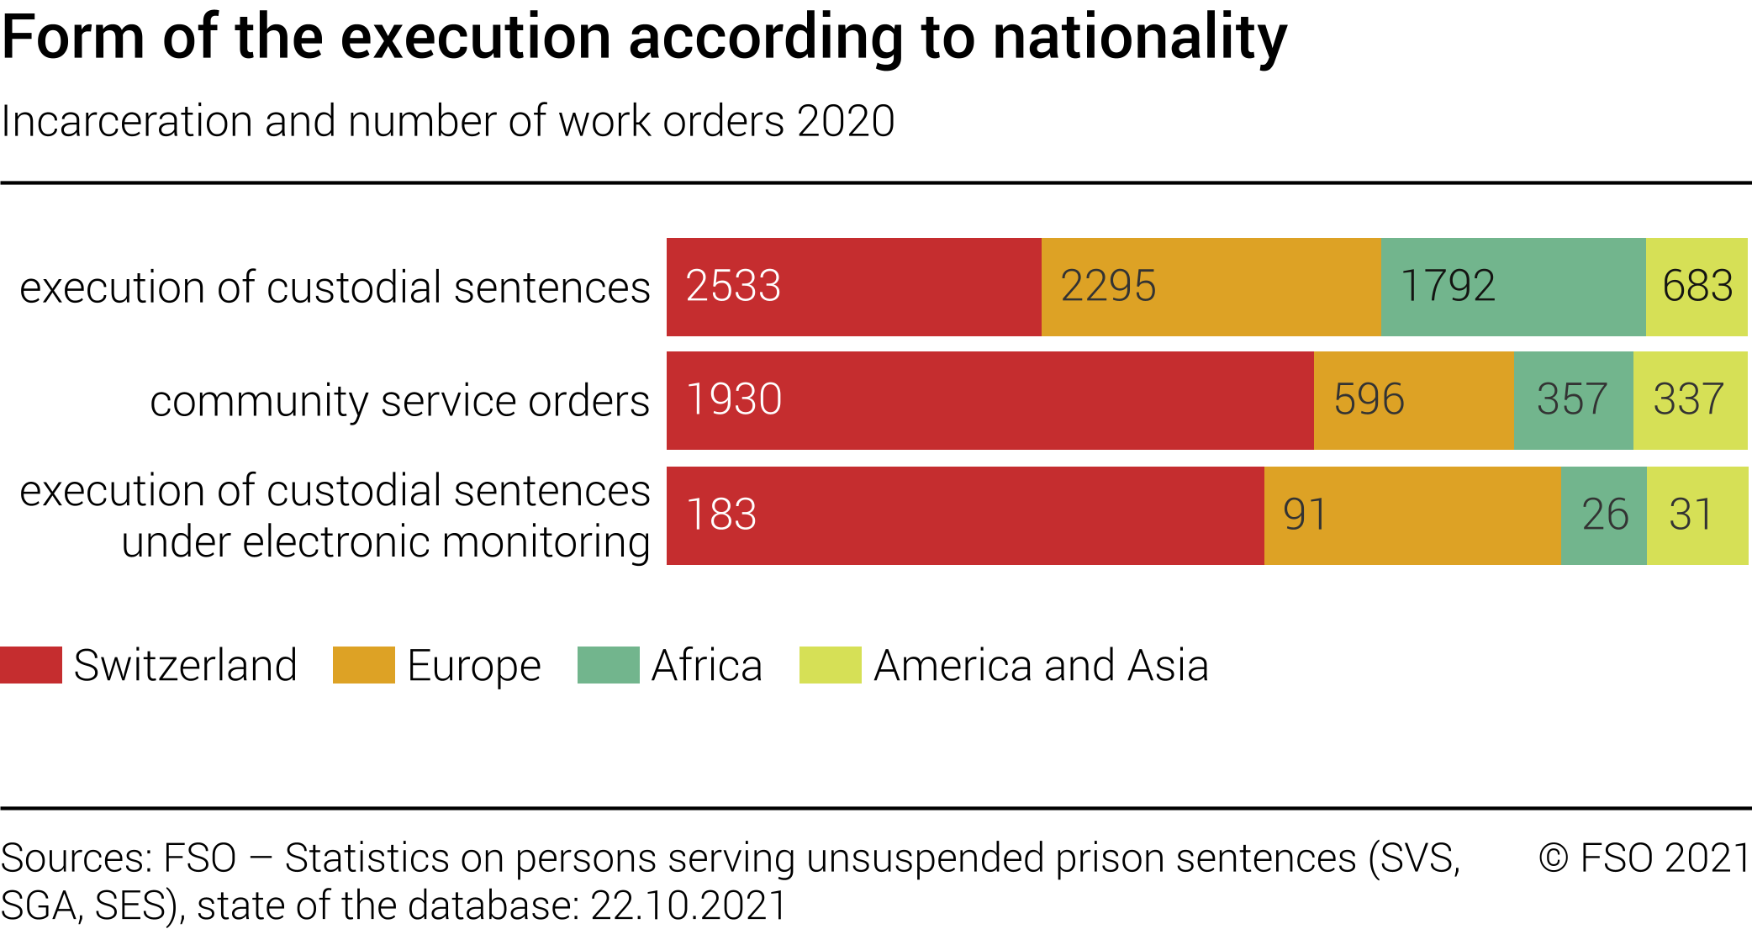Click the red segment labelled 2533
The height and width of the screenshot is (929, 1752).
[853, 287]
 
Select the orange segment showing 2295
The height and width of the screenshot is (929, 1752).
[1211, 287]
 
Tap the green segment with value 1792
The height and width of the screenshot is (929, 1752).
[1512, 287]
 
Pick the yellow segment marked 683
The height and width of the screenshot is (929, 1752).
[1697, 287]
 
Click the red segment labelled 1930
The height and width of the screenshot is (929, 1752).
[989, 400]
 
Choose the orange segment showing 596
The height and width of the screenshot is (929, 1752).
[1413, 400]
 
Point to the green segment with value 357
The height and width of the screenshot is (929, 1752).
[1573, 400]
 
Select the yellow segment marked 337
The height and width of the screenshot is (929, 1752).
[1690, 400]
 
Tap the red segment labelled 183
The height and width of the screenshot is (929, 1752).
[965, 515]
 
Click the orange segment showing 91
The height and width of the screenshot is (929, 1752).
[1412, 515]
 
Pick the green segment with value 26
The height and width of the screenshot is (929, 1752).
[1603, 515]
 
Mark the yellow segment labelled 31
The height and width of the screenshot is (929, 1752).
[1697, 515]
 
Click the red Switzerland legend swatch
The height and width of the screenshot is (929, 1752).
[31, 665]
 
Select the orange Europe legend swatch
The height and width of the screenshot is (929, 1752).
[363, 665]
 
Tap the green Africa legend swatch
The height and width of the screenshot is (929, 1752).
[608, 665]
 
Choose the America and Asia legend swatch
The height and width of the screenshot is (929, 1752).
[830, 665]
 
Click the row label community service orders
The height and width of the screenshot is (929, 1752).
[399, 401]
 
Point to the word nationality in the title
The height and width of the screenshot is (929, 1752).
[1139, 38]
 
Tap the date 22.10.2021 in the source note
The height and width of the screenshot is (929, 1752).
[689, 906]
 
